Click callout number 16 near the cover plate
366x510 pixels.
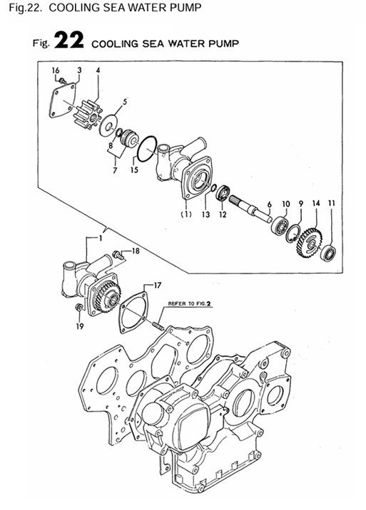(x=55, y=70)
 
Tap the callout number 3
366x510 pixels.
(x=78, y=70)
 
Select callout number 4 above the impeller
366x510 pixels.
(x=97, y=70)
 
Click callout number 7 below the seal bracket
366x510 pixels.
(x=114, y=171)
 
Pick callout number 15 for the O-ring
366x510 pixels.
(x=133, y=170)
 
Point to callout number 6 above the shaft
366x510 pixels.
(x=269, y=204)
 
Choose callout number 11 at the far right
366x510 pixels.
(x=330, y=204)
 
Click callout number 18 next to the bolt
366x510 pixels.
(x=136, y=251)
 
